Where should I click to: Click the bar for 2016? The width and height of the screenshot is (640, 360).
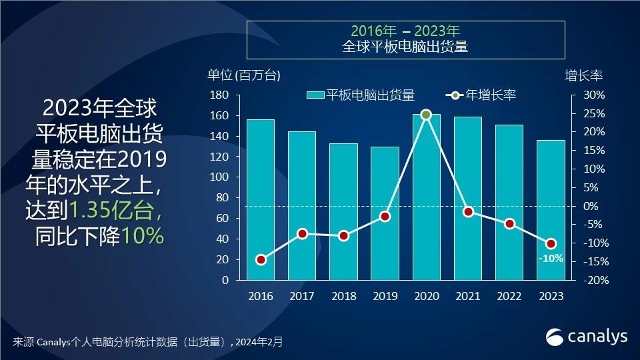point(260,200)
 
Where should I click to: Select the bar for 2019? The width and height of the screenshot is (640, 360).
point(385,213)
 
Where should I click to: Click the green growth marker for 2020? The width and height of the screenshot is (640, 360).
point(427,115)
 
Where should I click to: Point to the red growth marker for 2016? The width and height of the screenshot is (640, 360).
point(261,259)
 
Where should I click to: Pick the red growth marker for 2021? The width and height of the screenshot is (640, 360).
point(468,212)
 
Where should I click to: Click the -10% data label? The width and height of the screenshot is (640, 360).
point(551,258)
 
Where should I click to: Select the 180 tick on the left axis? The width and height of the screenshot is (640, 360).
point(219,95)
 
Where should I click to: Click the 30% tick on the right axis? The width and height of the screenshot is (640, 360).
point(594,95)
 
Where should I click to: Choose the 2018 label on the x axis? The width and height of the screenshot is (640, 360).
point(343,296)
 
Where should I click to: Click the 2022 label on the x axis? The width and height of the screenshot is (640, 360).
point(509,296)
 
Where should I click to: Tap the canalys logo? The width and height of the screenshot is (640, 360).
point(587,337)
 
